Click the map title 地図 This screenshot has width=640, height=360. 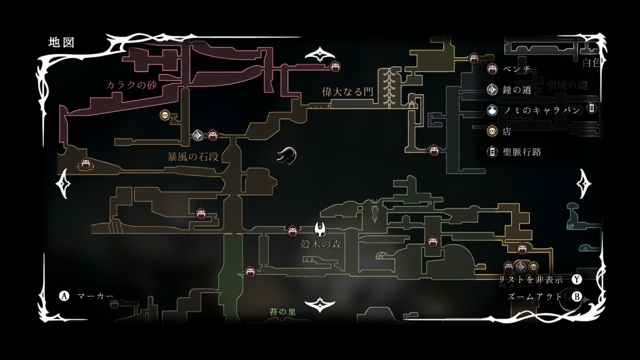click(61, 42)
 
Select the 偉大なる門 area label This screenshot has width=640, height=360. click(347, 91)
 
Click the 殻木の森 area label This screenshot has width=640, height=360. click(321, 245)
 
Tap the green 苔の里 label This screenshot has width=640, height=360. click(283, 312)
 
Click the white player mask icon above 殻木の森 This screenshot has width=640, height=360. click(321, 230)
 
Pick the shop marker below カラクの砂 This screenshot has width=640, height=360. click(165, 115)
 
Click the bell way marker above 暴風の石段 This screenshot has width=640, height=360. click(198, 135)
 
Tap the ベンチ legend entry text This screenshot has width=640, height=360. click(516, 69)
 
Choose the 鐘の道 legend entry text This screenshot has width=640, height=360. click(517, 90)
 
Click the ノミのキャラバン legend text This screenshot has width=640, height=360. click(540, 110)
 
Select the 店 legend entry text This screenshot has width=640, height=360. click(507, 131)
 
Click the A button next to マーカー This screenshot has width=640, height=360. click(65, 295)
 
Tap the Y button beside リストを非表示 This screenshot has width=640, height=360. click(577, 279)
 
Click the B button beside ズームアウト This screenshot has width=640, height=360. click(577, 297)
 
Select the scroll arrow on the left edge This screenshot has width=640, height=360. click(64, 183)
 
